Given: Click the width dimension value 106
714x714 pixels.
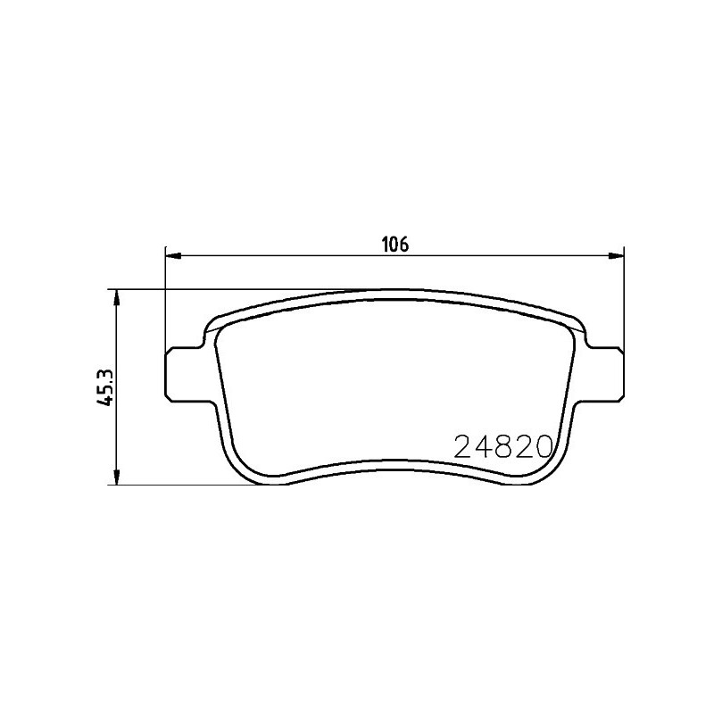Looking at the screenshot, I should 394,244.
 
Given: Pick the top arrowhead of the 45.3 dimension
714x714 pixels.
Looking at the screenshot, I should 115,296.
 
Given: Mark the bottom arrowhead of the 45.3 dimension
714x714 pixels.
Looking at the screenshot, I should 115,479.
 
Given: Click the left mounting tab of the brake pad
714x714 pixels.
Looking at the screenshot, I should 182,374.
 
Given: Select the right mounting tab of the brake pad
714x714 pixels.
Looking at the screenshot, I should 607,374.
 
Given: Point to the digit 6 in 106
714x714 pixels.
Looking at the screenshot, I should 403,244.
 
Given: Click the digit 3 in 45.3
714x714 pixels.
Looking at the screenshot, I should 105,370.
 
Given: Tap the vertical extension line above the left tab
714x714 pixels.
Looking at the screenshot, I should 166,303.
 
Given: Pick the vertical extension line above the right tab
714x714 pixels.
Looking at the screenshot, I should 623,303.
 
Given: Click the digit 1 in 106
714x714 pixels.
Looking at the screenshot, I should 385,244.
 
